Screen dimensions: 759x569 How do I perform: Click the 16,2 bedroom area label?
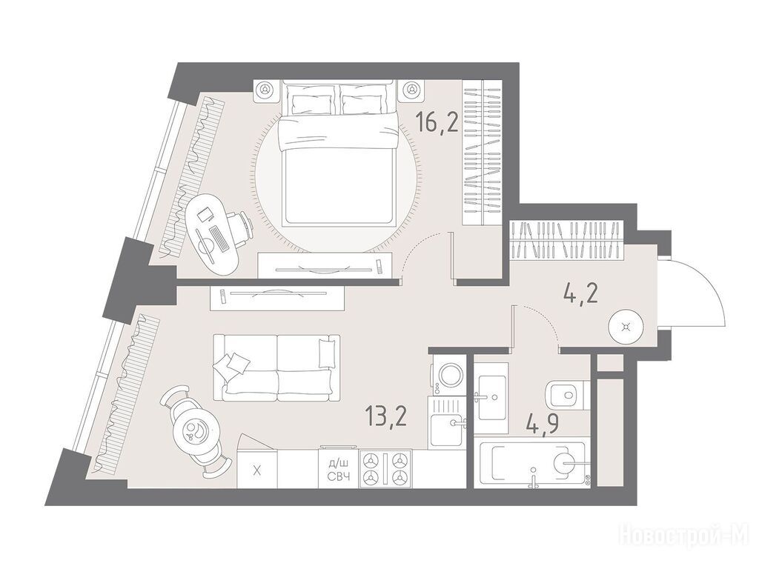coord(438,122)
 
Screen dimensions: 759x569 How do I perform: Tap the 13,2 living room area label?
coord(386,416)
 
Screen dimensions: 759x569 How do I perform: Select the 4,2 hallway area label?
coord(581,292)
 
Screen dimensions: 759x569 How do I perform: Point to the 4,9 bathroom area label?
coord(542,425)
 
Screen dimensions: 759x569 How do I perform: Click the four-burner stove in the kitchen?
coord(385,468)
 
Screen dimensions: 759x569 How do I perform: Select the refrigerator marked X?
coord(257,469)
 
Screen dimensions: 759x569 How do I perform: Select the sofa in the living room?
coord(276,367)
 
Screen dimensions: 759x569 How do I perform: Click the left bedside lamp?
coord(265,90)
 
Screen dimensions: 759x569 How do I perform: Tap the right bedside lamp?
coord(412,90)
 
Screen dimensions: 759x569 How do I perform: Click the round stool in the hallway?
coord(626,327)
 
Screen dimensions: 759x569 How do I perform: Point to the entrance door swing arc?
coord(708,284)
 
